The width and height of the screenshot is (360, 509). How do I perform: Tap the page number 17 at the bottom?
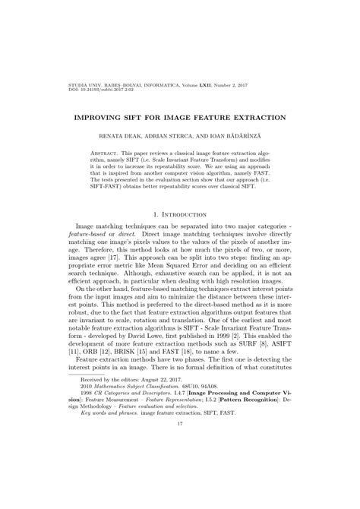[180, 477]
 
